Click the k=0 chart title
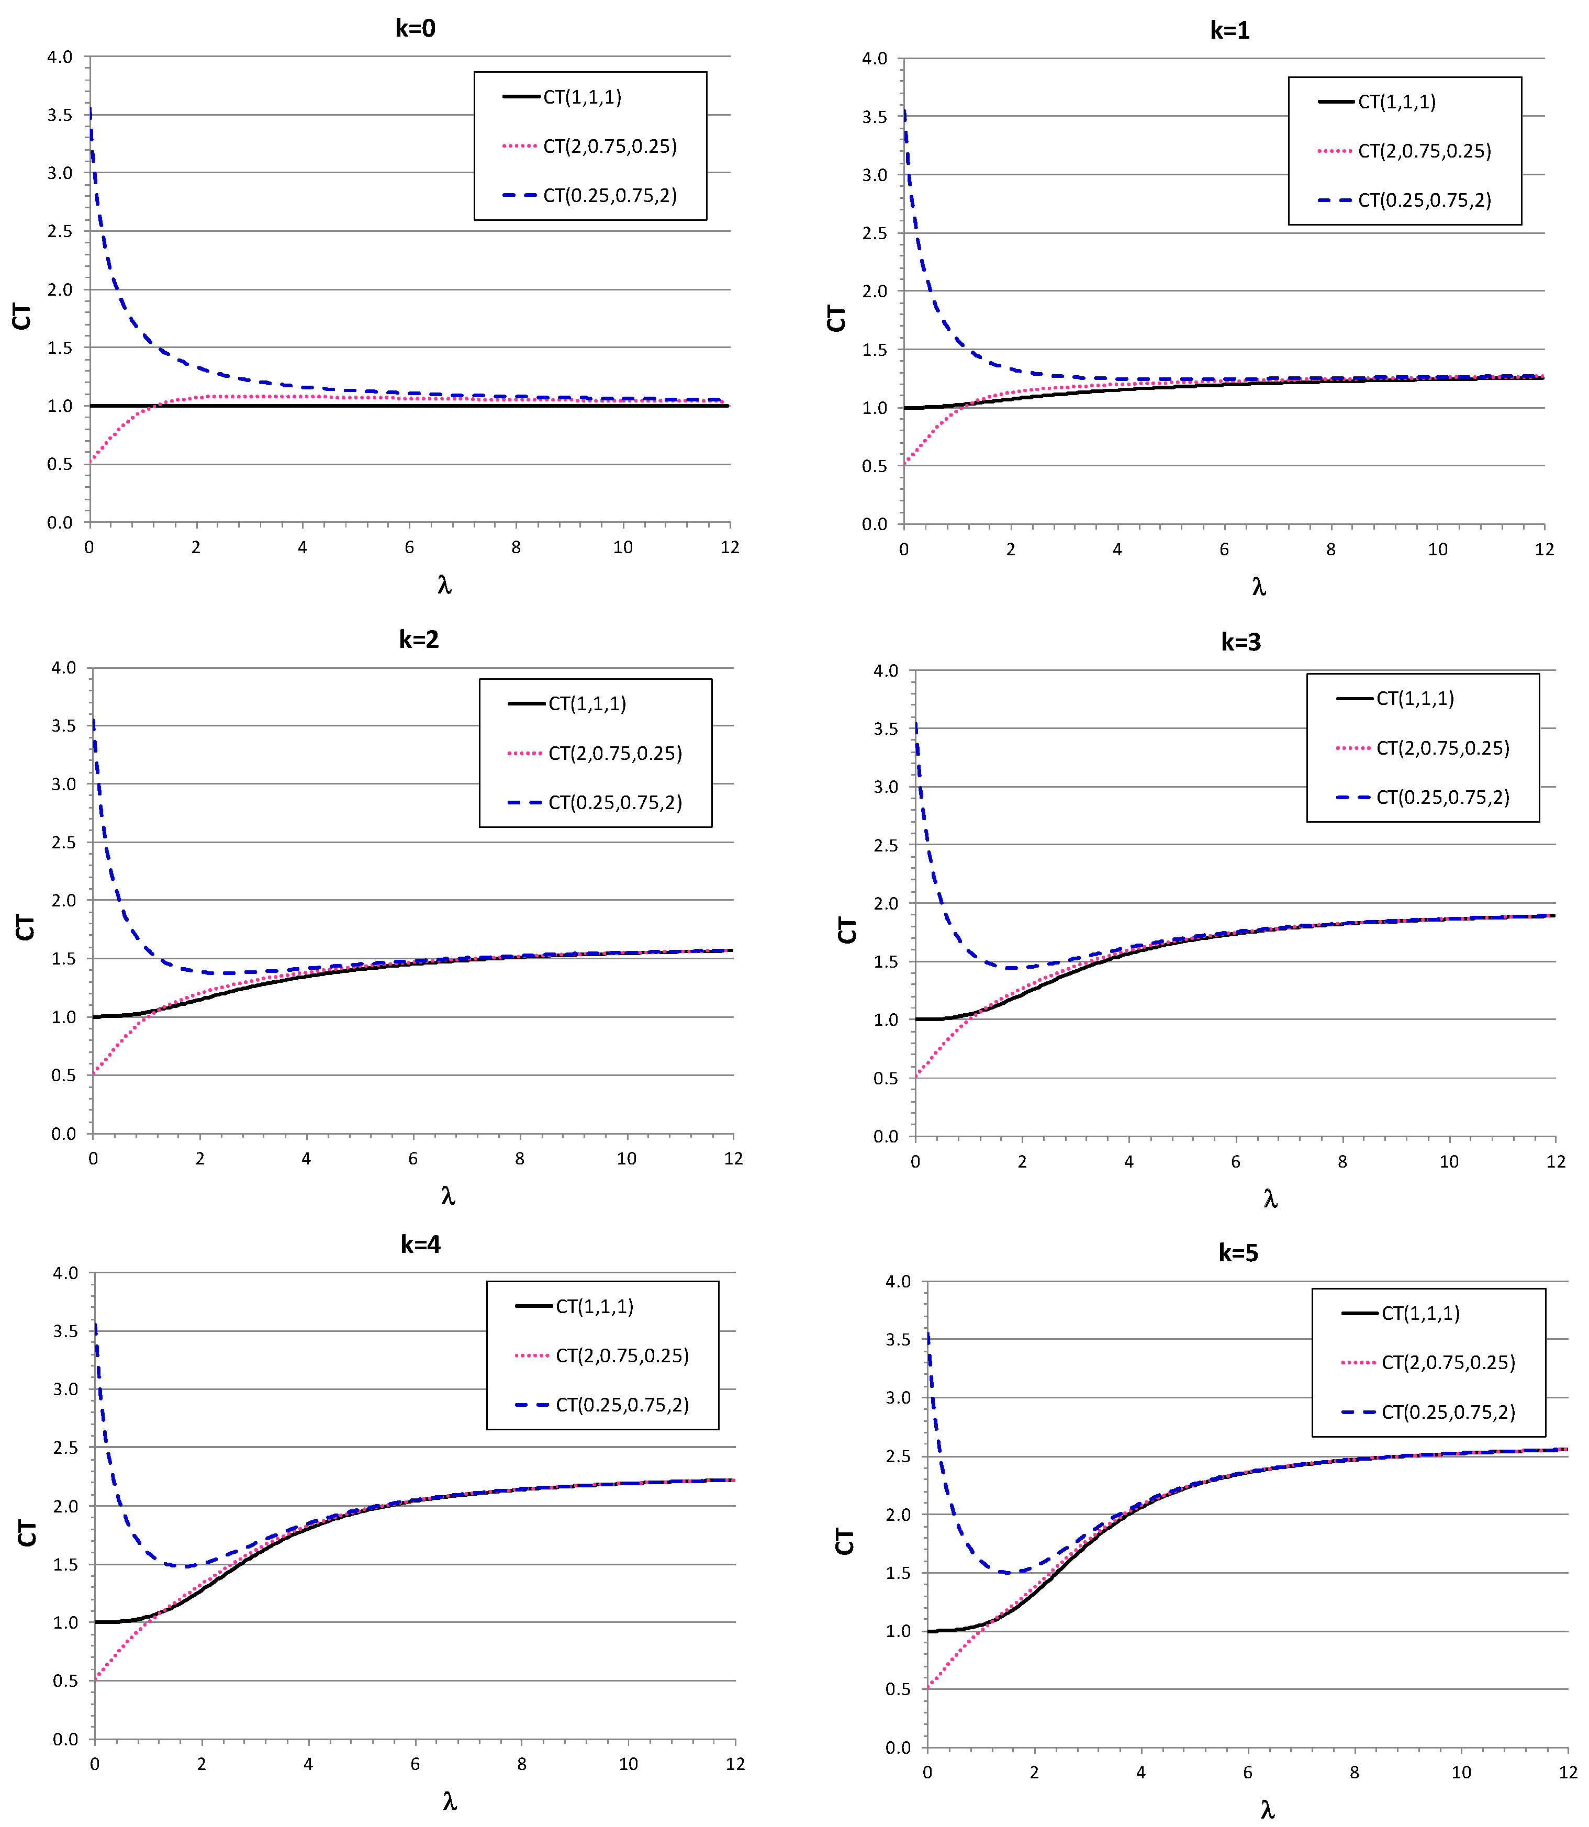[x=415, y=28]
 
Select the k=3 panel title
[x=1240, y=642]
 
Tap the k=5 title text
[x=1238, y=1252]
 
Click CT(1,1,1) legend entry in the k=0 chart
[x=581, y=97]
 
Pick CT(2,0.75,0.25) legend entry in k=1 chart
[x=1424, y=151]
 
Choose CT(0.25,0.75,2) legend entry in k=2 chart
[x=614, y=802]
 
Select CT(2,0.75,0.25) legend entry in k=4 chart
[x=622, y=1355]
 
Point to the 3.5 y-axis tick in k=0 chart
[x=60, y=115]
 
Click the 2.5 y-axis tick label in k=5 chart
[x=898, y=1456]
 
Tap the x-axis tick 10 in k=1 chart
[x=1437, y=550]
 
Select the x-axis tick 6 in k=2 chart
[x=413, y=1159]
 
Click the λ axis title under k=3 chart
[x=1270, y=1200]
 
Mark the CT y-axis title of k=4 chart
[x=27, y=1533]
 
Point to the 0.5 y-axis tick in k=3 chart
[x=886, y=1079]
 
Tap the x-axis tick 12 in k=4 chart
[x=735, y=1764]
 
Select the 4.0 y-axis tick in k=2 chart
[x=64, y=667]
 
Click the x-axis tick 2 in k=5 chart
[x=1034, y=1772]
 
